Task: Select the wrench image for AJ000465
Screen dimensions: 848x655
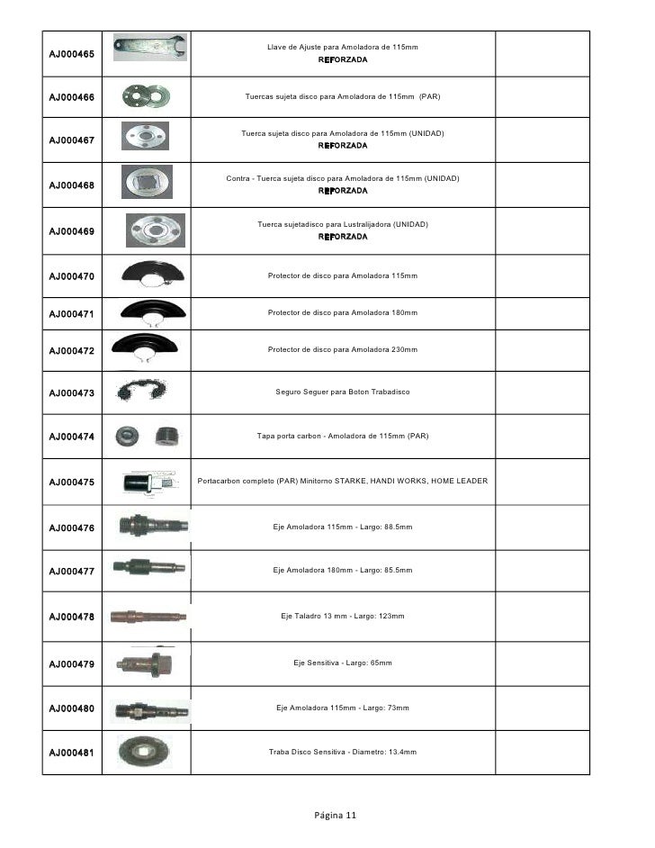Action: click(150, 47)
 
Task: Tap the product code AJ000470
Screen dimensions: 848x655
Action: click(71, 275)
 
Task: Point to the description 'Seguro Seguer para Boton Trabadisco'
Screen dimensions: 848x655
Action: click(343, 392)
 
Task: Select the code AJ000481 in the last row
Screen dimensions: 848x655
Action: click(71, 753)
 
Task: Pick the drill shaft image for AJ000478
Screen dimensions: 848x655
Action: click(148, 617)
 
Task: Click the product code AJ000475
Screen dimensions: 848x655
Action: click(71, 482)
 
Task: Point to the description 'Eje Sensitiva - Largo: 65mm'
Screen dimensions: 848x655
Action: click(343, 663)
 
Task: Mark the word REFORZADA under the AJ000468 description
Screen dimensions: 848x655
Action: click(343, 191)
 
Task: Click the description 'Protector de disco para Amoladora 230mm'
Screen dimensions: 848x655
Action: click(343, 349)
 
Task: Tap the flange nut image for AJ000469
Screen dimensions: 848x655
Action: click(155, 230)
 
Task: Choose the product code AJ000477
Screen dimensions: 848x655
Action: click(71, 571)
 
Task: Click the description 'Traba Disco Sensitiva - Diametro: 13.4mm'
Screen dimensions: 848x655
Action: click(343, 752)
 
